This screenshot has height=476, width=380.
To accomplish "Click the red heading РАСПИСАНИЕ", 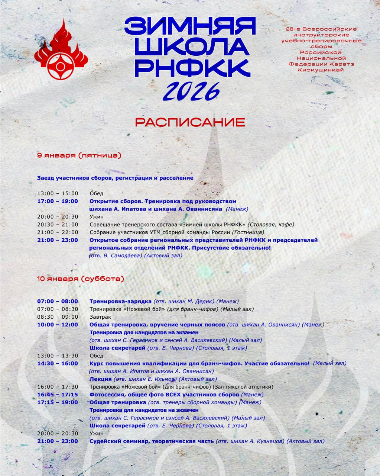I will coord(190,122).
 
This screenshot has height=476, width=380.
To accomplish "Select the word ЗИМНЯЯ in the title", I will coord(190,26).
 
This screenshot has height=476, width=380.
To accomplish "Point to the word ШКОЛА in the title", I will coord(191,46).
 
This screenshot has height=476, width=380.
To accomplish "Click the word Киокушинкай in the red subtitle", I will coord(321,70).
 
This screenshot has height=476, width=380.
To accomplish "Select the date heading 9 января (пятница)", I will coord(79,155).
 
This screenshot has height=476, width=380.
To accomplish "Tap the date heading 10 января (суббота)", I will coord(80,279).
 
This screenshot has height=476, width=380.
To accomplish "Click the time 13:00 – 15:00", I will coord(58,193).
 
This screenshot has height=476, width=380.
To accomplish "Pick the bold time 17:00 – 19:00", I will coord(58,201).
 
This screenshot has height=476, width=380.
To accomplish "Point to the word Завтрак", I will coord(100,317).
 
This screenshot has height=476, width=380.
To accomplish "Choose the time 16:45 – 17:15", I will coord(58,395).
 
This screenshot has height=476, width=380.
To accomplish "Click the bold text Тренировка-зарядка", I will coord(120,301).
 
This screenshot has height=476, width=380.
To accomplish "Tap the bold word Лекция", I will coord(100,379).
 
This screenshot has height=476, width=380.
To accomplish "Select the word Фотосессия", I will coord(108,395).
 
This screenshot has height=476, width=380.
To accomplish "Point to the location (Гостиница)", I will coord(248,232).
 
